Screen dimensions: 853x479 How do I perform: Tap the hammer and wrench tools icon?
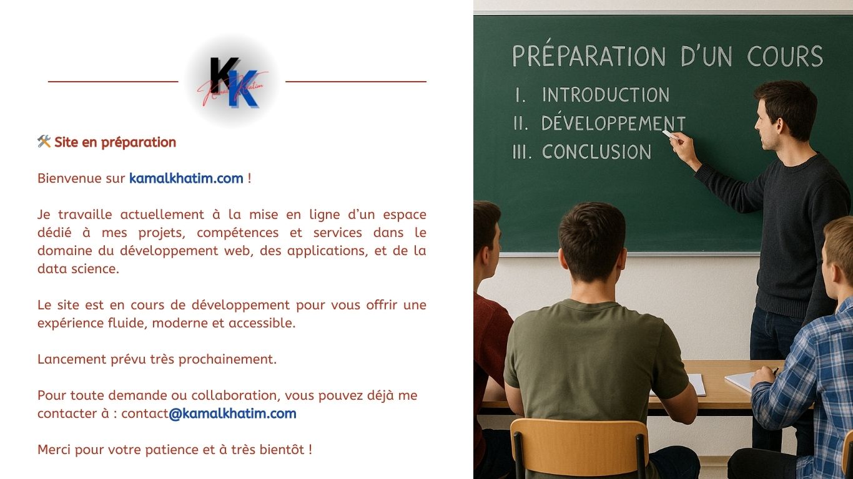pyautogui.click(x=44, y=142)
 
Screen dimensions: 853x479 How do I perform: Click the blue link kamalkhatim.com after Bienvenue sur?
pyautogui.click(x=186, y=178)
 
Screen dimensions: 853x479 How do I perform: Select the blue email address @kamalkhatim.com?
pyautogui.click(x=232, y=414)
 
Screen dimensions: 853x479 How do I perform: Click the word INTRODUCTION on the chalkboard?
pyautogui.click(x=606, y=95)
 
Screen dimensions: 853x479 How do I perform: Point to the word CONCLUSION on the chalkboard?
pyautogui.click(x=596, y=152)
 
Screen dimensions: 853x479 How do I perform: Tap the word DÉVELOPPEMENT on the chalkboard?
pyautogui.click(x=613, y=122)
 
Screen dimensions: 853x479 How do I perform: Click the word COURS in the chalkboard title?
pyautogui.click(x=785, y=56)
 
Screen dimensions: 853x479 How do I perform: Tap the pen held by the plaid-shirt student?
pyautogui.click(x=774, y=371)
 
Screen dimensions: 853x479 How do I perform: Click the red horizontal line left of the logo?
pyautogui.click(x=113, y=82)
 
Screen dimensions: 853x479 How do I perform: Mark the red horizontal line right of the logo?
pyautogui.click(x=356, y=82)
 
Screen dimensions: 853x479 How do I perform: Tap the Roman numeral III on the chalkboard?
pyautogui.click(x=521, y=152)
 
